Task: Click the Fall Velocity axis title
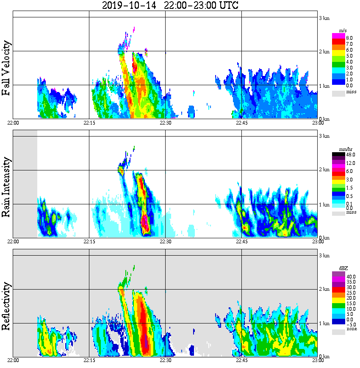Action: tap(6, 68)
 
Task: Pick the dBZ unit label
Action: tap(343, 268)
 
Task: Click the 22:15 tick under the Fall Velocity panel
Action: tap(89, 123)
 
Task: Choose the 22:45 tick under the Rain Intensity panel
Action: tap(241, 242)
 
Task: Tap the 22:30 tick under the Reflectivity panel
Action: tap(165, 360)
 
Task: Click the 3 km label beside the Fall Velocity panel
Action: tap(324, 18)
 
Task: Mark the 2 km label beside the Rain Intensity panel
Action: tap(324, 170)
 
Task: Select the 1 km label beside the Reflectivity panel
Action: tap(324, 323)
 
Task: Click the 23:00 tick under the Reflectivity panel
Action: tap(318, 360)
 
